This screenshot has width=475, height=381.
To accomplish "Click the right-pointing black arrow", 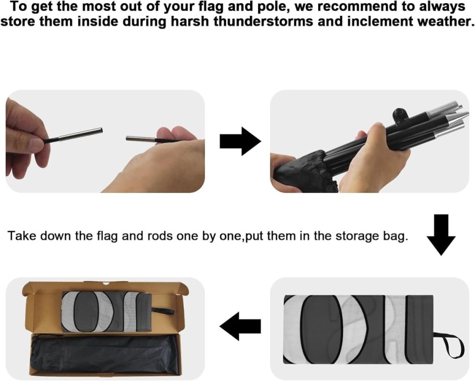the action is pyautogui.click(x=240, y=141).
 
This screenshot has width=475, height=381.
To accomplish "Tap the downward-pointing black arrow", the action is pyautogui.click(x=441, y=235).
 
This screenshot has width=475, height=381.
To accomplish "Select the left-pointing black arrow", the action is pyautogui.click(x=240, y=326).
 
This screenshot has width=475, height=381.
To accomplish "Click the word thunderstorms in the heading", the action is pyautogui.click(x=263, y=21).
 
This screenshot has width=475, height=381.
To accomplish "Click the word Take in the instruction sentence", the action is pyautogui.click(x=22, y=235).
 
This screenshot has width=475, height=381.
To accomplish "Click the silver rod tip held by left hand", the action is pyautogui.click(x=80, y=134).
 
